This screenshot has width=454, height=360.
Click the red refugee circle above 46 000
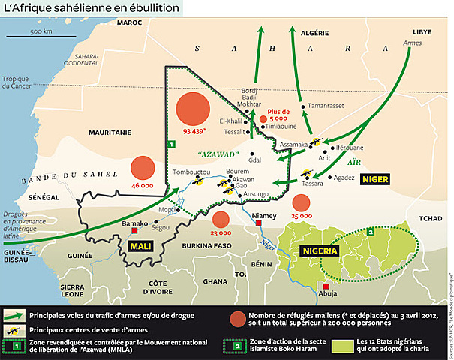142,169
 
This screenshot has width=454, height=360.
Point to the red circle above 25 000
302,202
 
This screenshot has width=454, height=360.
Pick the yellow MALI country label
140,246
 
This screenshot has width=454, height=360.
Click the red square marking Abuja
326,286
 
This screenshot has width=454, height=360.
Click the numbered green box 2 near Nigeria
371,232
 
